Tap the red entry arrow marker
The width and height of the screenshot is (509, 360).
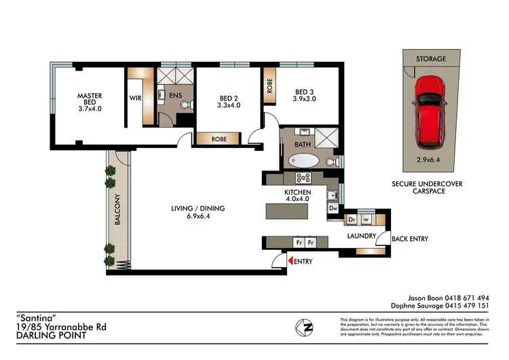pyautogui.click(x=290, y=261)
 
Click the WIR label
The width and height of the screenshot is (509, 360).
pyautogui.click(x=135, y=98)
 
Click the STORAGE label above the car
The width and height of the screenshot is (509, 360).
pyautogui.click(x=431, y=59)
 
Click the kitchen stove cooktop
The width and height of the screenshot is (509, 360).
pyautogui.click(x=302, y=179)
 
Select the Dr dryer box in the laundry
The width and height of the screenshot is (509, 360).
pyautogui.click(x=352, y=219)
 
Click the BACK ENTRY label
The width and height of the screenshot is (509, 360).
pyautogui.click(x=410, y=239)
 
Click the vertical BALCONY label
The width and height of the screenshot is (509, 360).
pyautogui.click(x=117, y=210)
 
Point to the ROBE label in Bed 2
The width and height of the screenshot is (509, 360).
pyautogui.click(x=219, y=139)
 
